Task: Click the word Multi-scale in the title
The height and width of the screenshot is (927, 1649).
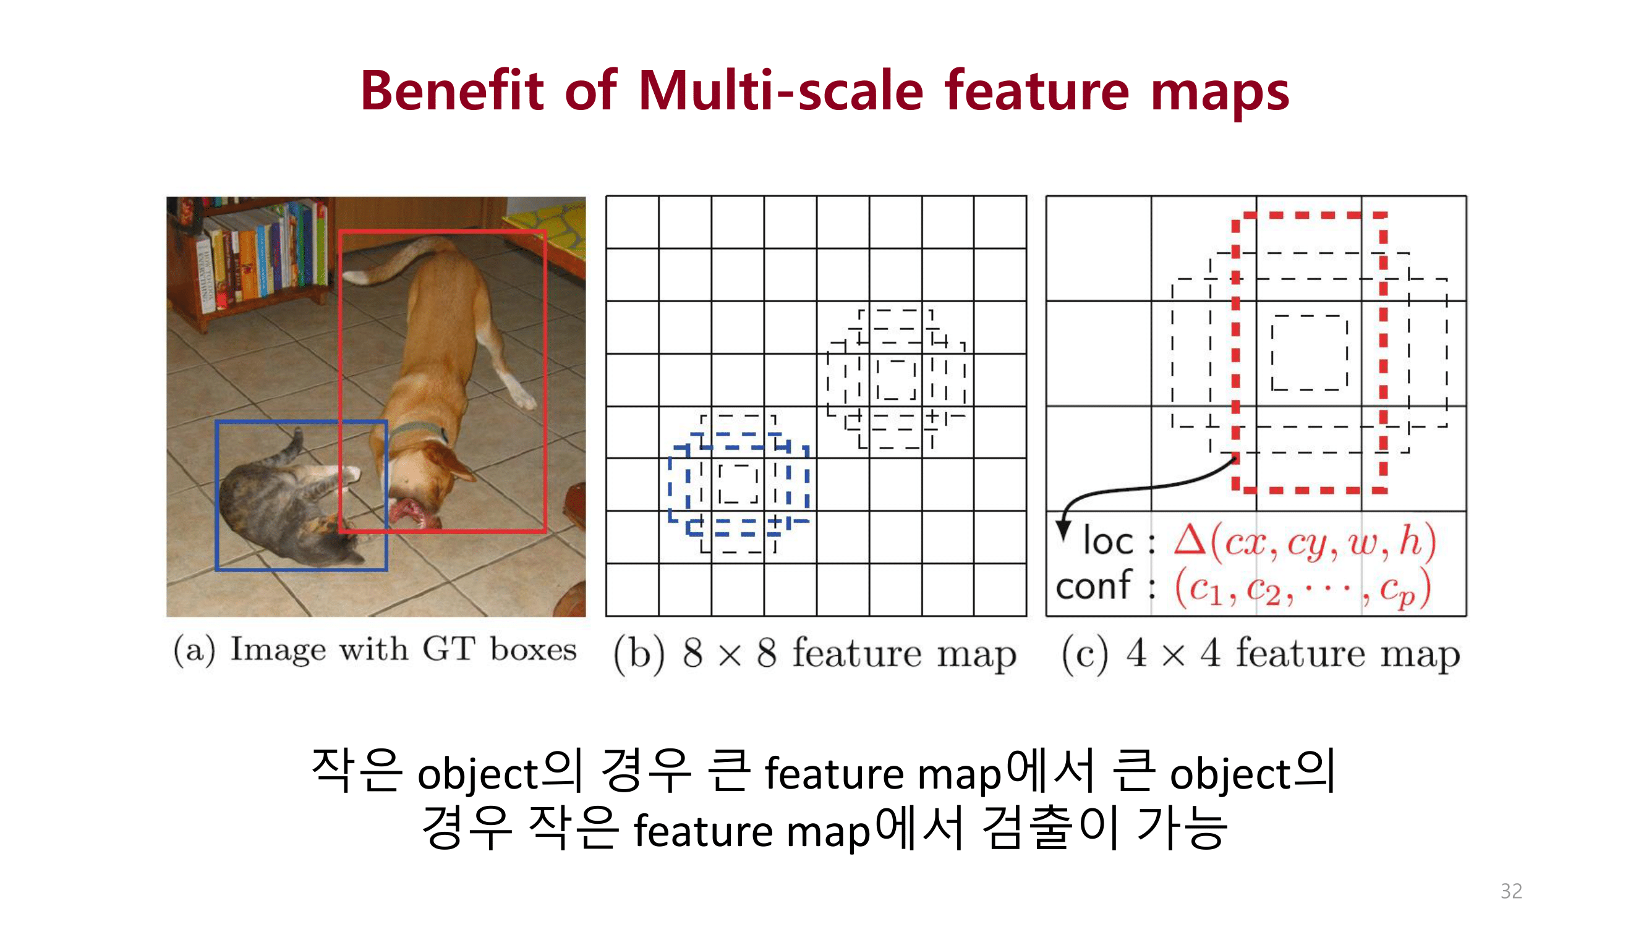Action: point(781,91)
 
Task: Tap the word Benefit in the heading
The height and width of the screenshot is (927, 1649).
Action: point(452,91)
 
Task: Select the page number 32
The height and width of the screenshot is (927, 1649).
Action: point(1511,891)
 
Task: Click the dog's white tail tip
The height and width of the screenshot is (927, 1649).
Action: point(356,276)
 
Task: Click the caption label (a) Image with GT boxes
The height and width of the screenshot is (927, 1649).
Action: point(375,650)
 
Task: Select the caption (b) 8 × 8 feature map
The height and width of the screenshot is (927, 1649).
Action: point(814,653)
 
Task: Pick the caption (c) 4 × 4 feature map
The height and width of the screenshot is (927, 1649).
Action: point(1260,653)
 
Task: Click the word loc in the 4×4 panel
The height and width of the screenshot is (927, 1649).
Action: point(1107,541)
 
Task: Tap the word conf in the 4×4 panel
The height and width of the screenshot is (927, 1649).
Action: point(1093,585)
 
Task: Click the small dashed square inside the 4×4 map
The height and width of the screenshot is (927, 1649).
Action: point(1309,352)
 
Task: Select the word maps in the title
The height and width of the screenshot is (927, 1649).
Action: point(1219,91)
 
